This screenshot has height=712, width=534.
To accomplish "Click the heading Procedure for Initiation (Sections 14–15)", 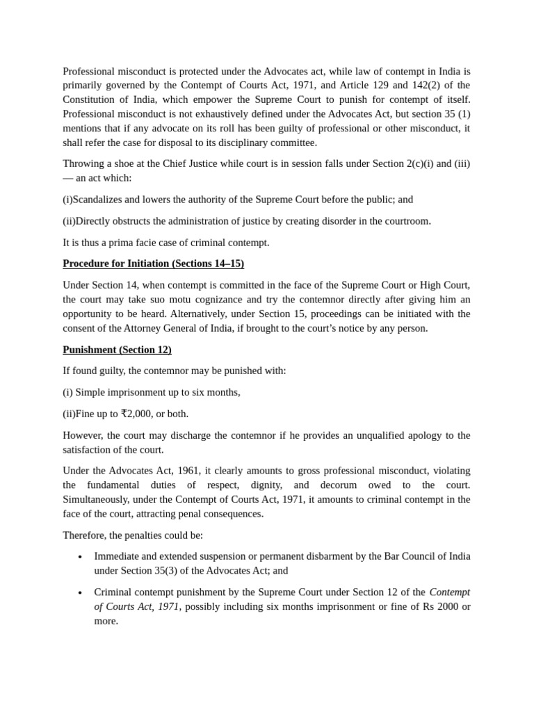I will (153, 264).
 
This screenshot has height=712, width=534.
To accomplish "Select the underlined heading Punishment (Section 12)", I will (117, 350).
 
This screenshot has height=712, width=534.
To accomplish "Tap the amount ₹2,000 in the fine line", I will (137, 414).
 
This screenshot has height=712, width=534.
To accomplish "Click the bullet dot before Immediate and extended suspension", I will (81, 557).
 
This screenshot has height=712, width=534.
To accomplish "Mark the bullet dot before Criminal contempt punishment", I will (81, 593).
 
